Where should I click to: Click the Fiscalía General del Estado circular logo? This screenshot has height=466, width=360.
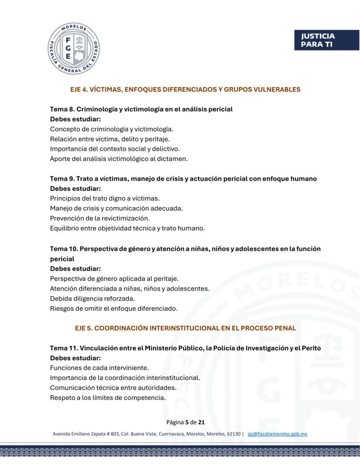coord(73,49)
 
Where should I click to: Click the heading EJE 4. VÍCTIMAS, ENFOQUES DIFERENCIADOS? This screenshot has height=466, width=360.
coord(185,90)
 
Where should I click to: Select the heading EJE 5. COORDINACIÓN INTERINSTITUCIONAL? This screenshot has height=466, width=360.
coord(185,328)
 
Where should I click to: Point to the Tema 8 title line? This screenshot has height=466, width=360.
coord(141,109)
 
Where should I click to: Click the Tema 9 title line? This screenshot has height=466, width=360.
coord(183,179)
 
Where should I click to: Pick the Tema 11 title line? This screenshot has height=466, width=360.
coord(185,348)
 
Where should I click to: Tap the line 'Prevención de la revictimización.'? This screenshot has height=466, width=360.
coord(100,218)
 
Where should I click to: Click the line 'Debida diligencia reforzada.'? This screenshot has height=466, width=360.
coord(93,298)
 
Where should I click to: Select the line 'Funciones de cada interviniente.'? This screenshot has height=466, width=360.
coord(99,368)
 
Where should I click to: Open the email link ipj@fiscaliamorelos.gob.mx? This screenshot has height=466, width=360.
coord(277,434)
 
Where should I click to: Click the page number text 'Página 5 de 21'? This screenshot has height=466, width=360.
coord(186,422)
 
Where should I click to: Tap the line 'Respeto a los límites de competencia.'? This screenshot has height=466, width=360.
coord(108,398)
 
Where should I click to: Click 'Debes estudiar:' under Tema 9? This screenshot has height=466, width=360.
coord(75,189)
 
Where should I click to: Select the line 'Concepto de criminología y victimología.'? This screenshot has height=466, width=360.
coord(112,129)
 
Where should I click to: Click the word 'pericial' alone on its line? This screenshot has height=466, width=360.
coord(62,259)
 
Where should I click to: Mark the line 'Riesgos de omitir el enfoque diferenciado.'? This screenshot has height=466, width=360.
coord(114,308)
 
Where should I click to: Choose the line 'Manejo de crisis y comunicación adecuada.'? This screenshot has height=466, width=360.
coord(117,208)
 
